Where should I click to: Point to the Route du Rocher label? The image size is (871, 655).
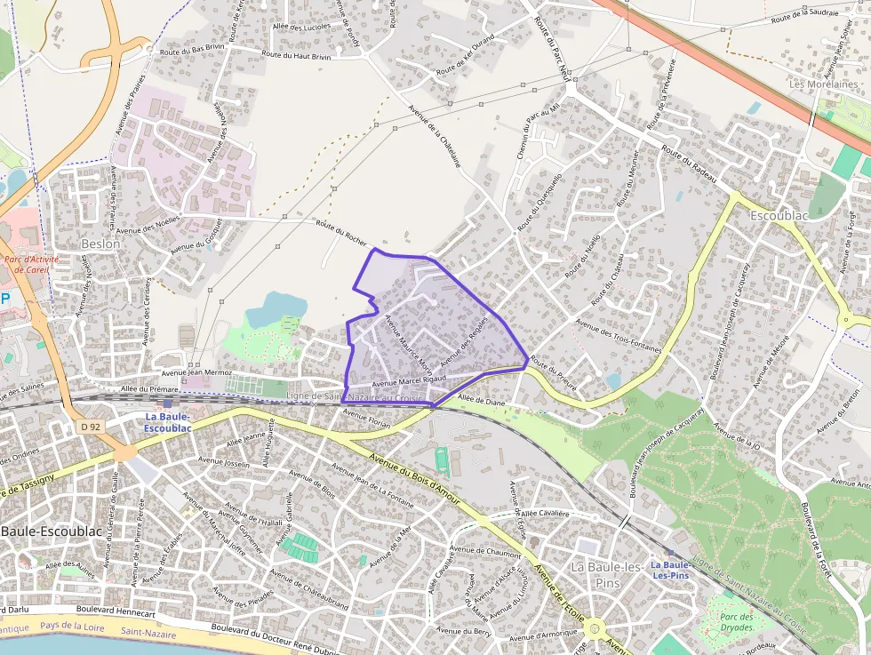coord(342,232)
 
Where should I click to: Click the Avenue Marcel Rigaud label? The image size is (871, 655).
coord(408,381)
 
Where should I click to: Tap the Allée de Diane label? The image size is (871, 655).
coord(481,401)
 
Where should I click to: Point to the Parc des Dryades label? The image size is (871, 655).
coord(737,622)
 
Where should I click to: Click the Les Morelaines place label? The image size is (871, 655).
coord(824,84)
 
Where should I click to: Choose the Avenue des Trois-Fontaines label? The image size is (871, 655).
coord(619,335)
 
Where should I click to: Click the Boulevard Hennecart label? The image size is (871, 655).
coord(116,612)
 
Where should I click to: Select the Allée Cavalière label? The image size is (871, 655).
coord(544,513)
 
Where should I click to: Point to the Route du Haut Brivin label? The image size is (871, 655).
coord(296,55)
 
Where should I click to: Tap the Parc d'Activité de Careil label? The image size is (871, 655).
coord(26,265)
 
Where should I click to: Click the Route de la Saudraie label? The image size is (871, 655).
coord(805,17)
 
